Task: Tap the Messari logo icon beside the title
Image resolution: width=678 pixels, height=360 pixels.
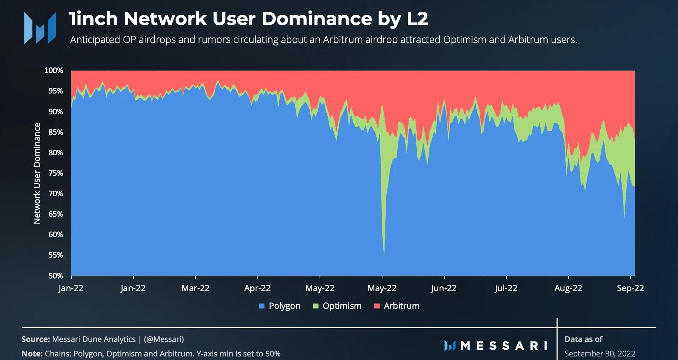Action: [40, 28]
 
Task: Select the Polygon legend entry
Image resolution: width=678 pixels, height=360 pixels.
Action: [280, 306]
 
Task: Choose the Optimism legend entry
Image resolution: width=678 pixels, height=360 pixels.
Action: [337, 306]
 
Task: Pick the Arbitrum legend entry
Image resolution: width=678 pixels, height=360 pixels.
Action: [397, 306]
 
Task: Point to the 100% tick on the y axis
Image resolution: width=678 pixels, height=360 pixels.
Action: [54, 71]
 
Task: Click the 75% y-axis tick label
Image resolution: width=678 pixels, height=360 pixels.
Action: [55, 173]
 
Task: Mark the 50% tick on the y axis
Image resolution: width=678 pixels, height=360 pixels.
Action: [55, 276]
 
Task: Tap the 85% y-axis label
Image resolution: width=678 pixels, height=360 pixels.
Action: [55, 132]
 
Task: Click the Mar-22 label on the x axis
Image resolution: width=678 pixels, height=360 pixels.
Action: [195, 288]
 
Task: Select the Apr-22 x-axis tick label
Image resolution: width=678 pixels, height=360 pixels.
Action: [257, 288]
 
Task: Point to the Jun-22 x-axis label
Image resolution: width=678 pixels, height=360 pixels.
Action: [444, 288]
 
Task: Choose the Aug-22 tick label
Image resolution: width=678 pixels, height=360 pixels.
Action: [568, 288]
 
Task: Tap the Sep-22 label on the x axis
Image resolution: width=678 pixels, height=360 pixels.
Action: [630, 288]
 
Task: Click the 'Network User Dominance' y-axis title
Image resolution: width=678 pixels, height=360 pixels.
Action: [37, 173]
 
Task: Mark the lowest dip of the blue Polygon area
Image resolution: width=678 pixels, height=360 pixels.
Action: [384, 256]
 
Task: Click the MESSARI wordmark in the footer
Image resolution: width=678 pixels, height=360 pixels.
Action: [496, 346]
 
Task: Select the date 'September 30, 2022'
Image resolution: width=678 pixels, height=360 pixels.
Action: [600, 354]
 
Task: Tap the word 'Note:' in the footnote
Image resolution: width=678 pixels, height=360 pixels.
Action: [32, 354]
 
